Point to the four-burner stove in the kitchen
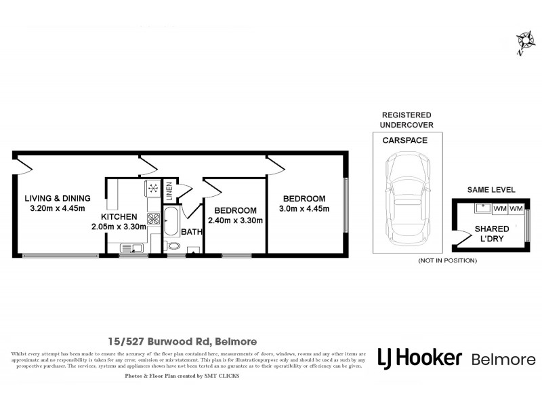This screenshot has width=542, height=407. click(153, 218)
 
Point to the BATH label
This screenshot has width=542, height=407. click(191, 233)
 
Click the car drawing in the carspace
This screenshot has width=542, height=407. click(406, 197)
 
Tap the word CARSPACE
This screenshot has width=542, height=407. click(406, 142)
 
